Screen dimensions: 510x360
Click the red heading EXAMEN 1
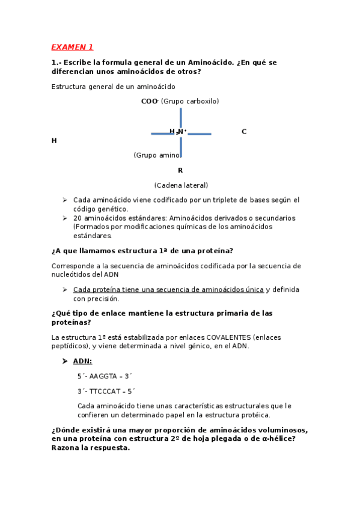(72, 47)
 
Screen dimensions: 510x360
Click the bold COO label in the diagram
(148, 101)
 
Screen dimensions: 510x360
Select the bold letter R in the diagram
(180, 170)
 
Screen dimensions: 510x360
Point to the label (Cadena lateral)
(181, 185)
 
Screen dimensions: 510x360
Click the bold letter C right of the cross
(244, 131)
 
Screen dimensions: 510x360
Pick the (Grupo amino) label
(157, 155)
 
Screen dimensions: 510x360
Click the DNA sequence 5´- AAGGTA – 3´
(105, 376)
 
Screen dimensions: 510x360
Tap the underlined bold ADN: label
(82, 361)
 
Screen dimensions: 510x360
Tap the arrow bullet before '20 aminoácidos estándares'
(65, 218)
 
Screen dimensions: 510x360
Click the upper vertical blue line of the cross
(181, 117)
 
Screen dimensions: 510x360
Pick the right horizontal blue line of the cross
(199, 134)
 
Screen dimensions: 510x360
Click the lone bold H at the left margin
(54, 141)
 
